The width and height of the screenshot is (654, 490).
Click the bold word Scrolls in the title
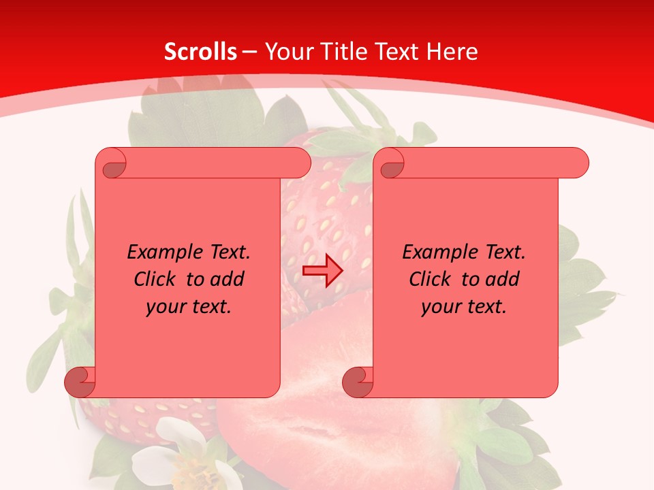pos(200,52)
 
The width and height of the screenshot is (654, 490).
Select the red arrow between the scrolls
pos(323,271)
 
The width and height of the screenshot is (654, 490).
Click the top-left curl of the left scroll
pos(112,164)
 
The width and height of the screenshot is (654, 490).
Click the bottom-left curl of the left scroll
pos(80,382)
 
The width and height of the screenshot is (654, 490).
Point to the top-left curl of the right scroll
pos(390,164)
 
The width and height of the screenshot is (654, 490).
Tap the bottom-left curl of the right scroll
pos(358,382)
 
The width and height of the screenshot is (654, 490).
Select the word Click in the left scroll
pos(155,280)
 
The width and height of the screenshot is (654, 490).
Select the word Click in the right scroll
pos(431,280)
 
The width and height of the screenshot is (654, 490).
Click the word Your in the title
pos(286,52)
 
